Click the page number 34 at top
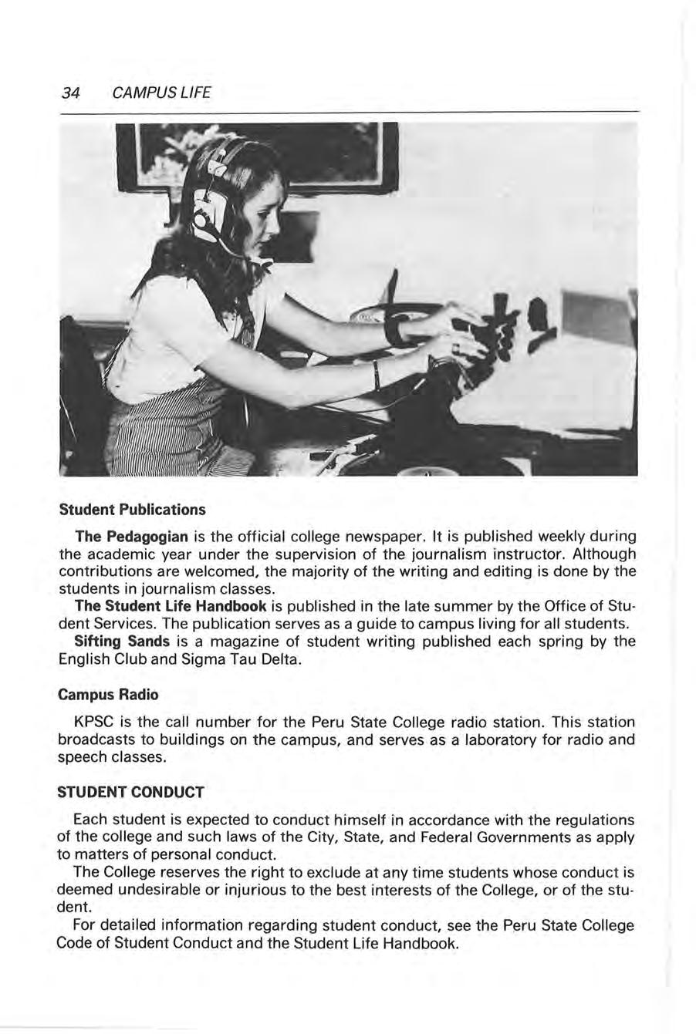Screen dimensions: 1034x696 click(x=71, y=93)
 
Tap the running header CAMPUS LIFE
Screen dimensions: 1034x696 click(x=160, y=93)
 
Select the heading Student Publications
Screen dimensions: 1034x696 click(x=133, y=510)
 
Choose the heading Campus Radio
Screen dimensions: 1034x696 click(x=109, y=694)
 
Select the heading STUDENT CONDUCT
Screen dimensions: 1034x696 click(x=131, y=792)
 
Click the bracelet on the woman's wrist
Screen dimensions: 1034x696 click(x=377, y=373)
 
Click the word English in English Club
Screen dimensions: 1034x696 click(x=85, y=658)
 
